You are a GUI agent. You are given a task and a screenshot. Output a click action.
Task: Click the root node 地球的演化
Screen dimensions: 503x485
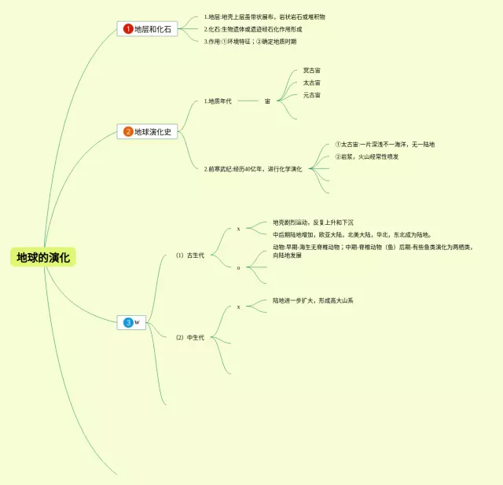coord(44,257)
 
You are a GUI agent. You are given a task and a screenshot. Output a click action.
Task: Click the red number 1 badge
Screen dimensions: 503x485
coord(128,29)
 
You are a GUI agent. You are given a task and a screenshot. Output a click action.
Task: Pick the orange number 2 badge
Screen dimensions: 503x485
coord(128,131)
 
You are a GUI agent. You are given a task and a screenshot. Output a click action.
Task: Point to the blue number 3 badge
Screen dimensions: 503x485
coord(127,322)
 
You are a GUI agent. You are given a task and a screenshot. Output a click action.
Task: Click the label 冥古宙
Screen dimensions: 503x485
coord(311,71)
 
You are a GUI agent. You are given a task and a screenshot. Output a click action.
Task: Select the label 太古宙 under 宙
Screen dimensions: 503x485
coord(311,83)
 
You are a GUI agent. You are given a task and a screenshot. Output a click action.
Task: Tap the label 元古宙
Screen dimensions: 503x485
coord(311,95)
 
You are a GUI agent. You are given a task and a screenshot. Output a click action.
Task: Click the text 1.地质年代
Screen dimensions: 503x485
coord(218,101)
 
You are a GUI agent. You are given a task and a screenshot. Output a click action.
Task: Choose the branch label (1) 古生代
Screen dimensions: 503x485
coord(190,255)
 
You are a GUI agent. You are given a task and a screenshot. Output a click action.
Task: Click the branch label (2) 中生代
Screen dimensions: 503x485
coord(190,337)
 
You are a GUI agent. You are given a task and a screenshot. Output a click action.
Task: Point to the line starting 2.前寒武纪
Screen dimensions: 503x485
coord(252,169)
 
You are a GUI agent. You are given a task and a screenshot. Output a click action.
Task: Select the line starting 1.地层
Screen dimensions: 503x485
coord(264,17)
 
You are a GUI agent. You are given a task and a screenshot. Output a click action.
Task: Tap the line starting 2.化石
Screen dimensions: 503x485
coord(252,29)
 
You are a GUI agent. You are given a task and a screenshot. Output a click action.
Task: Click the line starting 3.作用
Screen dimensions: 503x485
coord(250,42)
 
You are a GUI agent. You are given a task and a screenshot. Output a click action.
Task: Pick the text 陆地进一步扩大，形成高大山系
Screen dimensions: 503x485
coord(313,300)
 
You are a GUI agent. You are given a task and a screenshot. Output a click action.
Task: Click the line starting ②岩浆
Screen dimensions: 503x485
coord(366,156)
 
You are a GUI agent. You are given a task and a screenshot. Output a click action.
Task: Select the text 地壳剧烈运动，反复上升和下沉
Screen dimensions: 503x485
coord(313,222)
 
